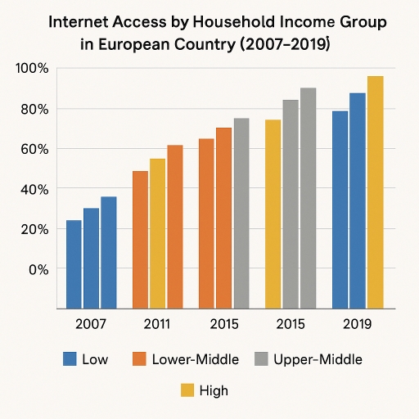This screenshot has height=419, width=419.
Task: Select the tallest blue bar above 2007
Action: [108, 253]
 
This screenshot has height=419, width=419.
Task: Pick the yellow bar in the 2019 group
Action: [375, 192]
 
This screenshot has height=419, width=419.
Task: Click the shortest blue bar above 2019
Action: [340, 209]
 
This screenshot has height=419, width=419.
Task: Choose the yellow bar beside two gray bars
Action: [273, 214]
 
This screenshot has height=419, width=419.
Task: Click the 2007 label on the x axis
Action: [90, 324]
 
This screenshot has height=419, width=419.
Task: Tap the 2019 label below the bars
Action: [356, 324]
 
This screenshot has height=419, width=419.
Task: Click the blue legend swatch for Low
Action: [70, 358]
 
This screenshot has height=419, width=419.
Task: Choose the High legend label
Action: [214, 390]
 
